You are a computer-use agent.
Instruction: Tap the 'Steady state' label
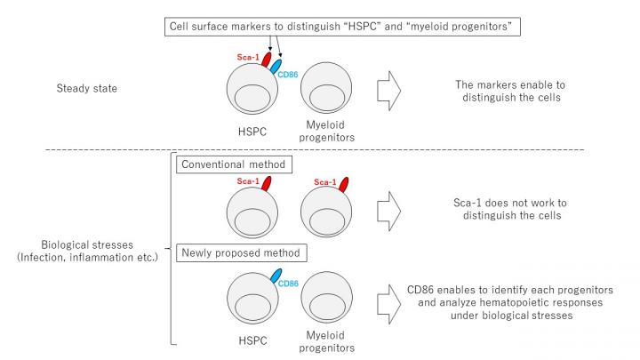[x=90, y=90]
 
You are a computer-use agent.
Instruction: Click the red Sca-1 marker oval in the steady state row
[x=264, y=63]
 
